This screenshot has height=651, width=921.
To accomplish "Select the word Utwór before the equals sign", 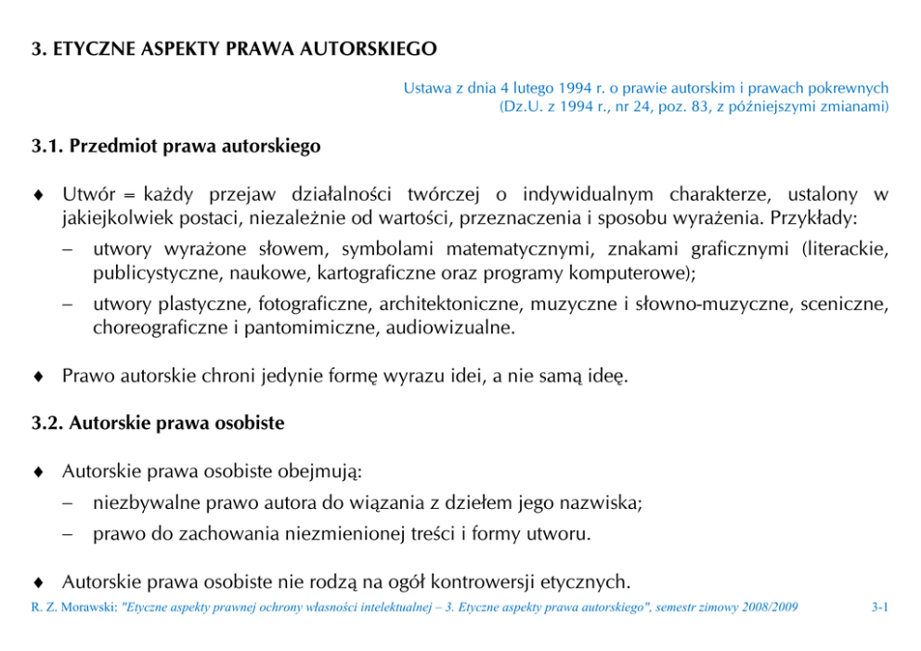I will pyautogui.click(x=88, y=195).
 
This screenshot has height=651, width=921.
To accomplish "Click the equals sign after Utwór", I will pyautogui.click(x=129, y=196).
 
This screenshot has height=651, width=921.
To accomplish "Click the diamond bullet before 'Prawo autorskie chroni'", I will pyautogui.click(x=36, y=377).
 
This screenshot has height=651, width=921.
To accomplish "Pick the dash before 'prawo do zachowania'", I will pyautogui.click(x=68, y=536).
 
